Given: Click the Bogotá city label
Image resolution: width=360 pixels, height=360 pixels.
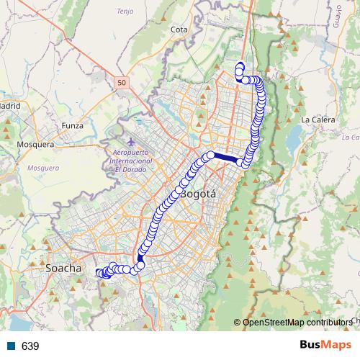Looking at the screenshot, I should click(197, 194).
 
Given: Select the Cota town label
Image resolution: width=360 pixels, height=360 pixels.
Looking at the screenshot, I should click(179, 30).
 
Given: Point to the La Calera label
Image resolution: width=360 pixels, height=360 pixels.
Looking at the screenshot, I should click(315, 119).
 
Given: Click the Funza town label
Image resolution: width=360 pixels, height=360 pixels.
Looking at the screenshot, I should click(73, 125).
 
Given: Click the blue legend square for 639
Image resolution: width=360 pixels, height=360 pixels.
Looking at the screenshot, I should click(11, 346).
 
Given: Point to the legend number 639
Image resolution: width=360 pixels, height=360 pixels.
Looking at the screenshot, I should click(30, 346).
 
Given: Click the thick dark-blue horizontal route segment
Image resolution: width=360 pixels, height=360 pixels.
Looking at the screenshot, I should click(225, 157).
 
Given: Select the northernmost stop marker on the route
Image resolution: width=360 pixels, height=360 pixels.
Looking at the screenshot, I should click(240, 67).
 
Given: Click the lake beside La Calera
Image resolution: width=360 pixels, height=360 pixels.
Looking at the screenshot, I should click(295, 137).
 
